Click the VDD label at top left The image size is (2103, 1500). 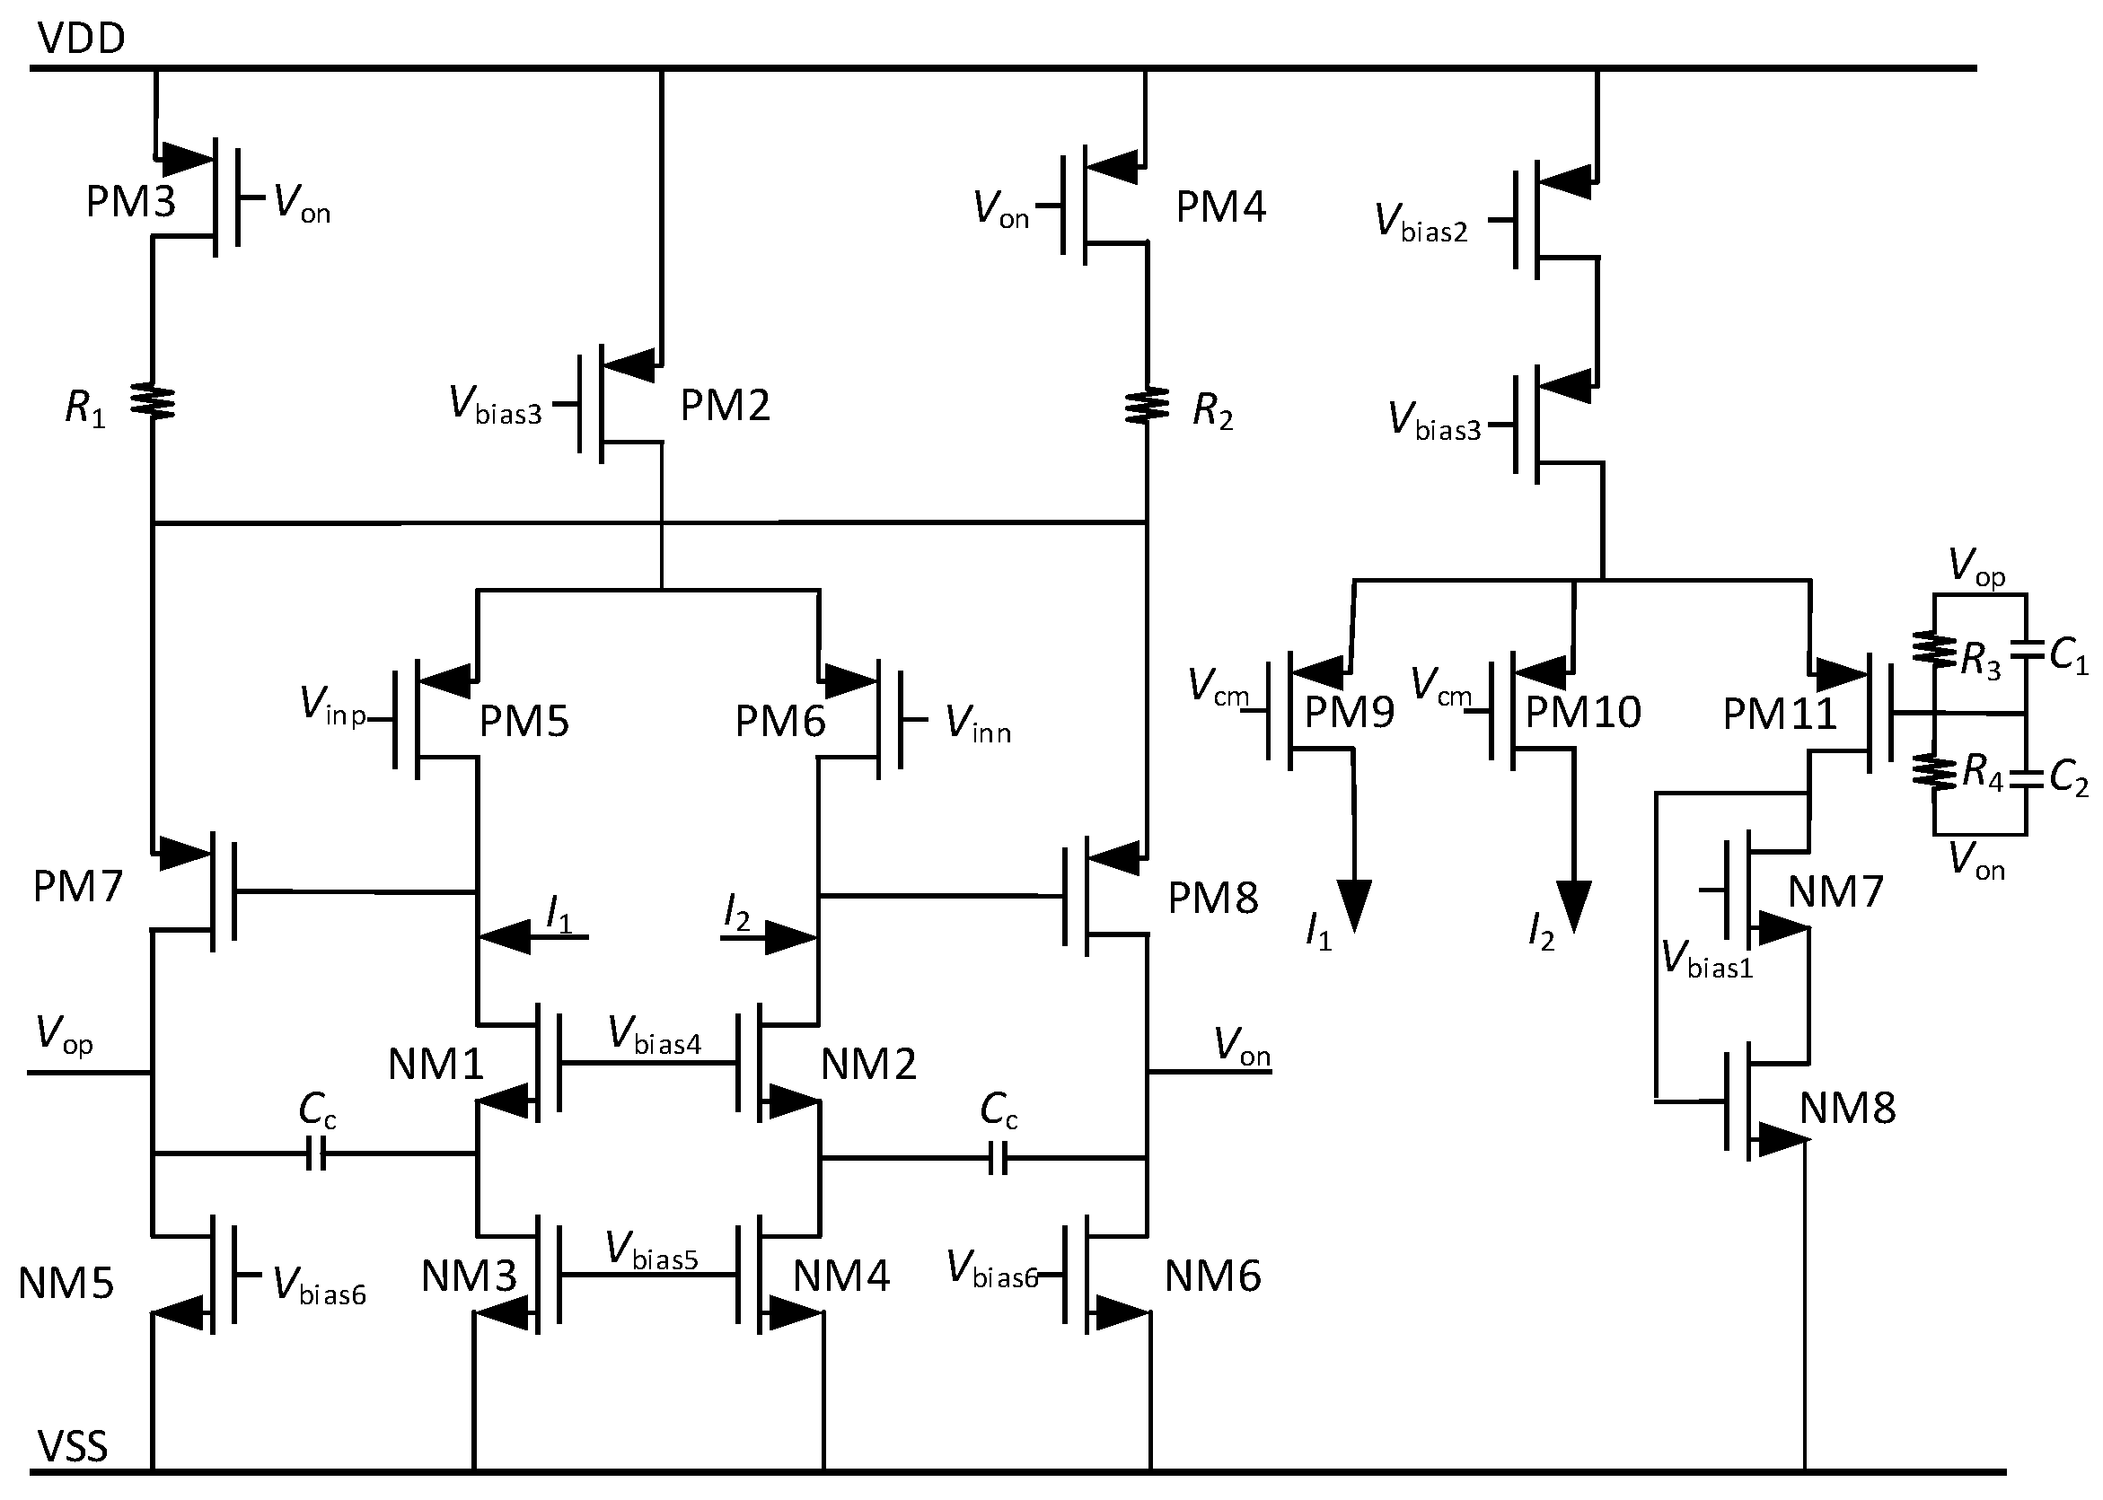coord(82,39)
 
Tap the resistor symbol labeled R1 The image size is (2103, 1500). coord(154,402)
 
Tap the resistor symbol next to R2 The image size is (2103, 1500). coord(1147,405)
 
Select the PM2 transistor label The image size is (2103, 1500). coord(725,406)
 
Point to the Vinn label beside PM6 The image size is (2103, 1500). coord(978,724)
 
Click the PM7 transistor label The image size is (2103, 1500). coord(77,887)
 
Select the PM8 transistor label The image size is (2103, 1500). coord(1212,898)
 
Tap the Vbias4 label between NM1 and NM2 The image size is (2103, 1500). coord(655,1034)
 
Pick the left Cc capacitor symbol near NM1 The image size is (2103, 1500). coord(316,1154)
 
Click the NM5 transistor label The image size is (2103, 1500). coord(66,1283)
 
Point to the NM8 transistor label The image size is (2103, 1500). coord(1847,1108)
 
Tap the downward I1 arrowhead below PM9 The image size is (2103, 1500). coord(1355,906)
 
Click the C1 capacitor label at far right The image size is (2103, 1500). coord(2068,657)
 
